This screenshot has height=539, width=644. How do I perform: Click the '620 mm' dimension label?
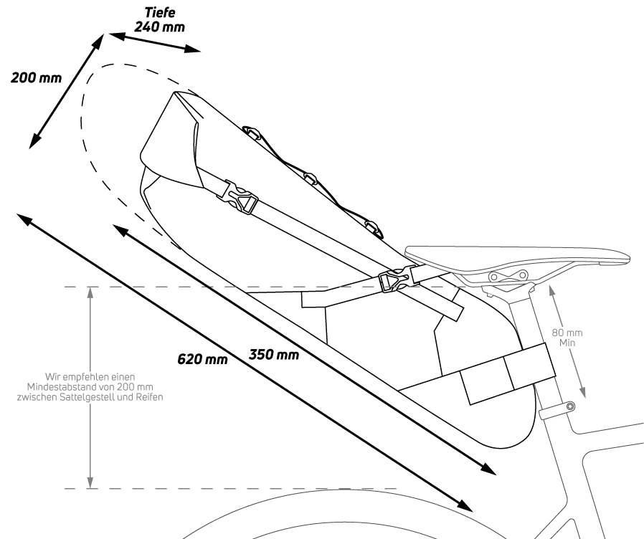[x=202, y=359]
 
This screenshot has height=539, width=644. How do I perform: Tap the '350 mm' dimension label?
[x=274, y=354]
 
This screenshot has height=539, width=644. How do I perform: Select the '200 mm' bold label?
[x=36, y=77]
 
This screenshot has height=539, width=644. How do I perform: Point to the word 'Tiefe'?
[x=160, y=12]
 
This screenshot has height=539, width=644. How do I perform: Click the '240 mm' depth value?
[x=160, y=27]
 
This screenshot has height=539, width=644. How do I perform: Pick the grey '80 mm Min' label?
[x=567, y=338]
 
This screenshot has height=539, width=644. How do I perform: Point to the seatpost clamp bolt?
[x=569, y=407]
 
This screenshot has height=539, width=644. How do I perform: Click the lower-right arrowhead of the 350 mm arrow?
[x=489, y=468]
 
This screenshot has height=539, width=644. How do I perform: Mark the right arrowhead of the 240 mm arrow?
[x=193, y=49]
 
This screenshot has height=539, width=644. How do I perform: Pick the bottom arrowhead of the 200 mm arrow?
[x=34, y=140]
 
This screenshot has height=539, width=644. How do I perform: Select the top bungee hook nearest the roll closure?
[x=251, y=132]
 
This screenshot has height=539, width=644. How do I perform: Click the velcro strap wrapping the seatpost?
[x=508, y=373]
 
